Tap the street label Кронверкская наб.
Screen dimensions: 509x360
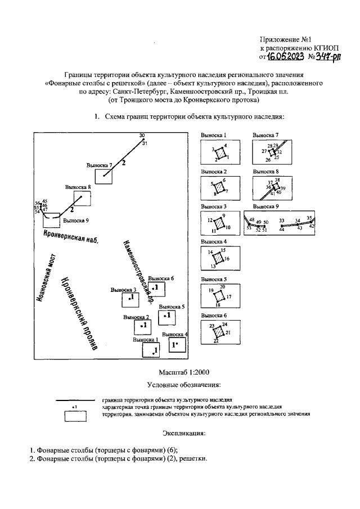(70, 235)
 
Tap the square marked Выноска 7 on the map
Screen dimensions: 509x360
(103, 176)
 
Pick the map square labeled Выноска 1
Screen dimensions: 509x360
(151, 350)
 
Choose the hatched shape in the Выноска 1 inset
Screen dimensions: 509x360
(220, 152)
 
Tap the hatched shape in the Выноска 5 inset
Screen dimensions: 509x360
(220, 296)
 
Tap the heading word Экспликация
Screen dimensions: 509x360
(184, 434)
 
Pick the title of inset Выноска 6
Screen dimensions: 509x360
(214, 316)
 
